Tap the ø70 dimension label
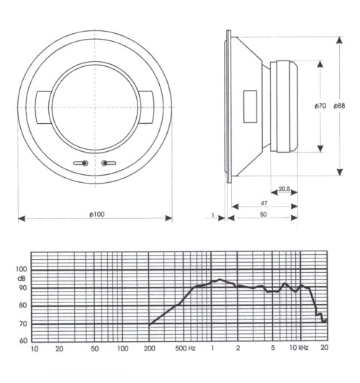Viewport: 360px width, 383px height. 320,106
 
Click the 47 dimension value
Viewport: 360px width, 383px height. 264,204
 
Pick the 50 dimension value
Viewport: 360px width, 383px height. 264,215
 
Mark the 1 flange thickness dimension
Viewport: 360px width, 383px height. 214,215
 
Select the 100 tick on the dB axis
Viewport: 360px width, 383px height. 21,269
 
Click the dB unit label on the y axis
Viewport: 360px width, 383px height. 21,278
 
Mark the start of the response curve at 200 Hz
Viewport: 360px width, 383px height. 150,325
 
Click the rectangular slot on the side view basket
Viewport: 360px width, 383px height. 249,106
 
